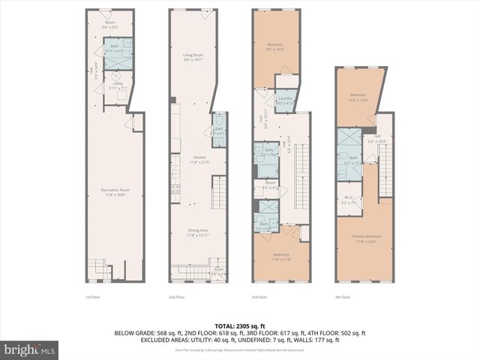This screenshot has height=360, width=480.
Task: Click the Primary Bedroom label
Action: tap(363, 238)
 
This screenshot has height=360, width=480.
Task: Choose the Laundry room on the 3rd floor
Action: tap(286, 101)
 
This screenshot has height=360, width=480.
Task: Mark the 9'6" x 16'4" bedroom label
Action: tap(275, 47)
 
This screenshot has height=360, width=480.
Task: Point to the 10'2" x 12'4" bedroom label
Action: tap(358, 97)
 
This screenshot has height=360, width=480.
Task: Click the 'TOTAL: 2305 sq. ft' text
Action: tap(239, 325)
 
